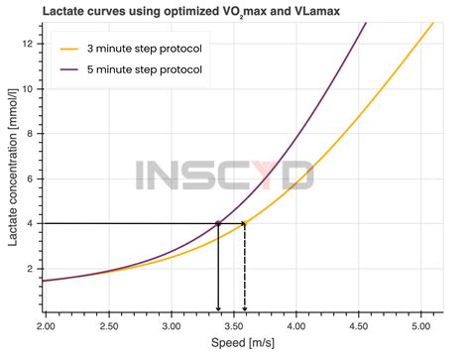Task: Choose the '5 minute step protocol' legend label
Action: (146, 71)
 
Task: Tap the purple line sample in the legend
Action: (70, 71)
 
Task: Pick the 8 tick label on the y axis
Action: (32, 134)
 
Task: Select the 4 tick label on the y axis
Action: (32, 223)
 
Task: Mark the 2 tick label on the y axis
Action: (32, 269)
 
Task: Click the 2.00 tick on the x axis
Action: (47, 324)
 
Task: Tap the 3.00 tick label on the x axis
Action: (171, 324)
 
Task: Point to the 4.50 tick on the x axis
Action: (358, 324)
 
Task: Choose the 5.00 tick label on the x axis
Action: (420, 324)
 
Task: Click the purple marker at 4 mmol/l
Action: (218, 223)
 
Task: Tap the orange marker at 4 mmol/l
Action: (245, 223)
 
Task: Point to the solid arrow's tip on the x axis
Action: (218, 310)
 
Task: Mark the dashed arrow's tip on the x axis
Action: (245, 310)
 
